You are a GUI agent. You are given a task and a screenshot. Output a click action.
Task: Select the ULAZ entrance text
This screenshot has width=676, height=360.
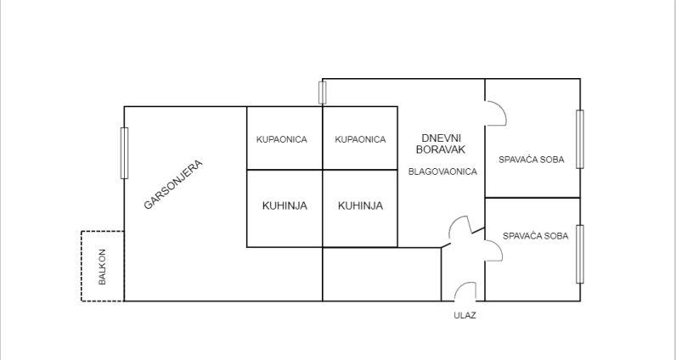pyautogui.click(x=465, y=316)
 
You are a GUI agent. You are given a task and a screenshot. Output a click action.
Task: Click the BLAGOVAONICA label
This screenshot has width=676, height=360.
pyautogui.click(x=442, y=171)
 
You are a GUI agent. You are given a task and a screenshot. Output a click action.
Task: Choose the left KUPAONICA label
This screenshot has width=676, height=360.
pyautogui.click(x=282, y=139)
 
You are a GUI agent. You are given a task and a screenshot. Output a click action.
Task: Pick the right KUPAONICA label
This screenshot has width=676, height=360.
pyautogui.click(x=360, y=139)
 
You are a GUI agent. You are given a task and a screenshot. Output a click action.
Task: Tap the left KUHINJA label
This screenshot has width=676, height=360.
pyautogui.click(x=284, y=205)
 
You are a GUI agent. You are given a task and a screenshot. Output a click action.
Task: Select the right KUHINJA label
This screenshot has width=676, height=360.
pyautogui.click(x=360, y=205)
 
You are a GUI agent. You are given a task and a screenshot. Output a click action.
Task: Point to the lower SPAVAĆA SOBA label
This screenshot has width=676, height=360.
pyautogui.click(x=535, y=236)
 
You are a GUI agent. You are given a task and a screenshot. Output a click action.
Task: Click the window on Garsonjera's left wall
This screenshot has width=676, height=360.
pyautogui.click(x=125, y=153)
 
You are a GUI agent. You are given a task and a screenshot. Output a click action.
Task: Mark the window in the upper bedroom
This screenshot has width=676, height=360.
pyautogui.click(x=581, y=138)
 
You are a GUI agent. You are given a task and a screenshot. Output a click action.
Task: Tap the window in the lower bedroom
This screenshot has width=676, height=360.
pyautogui.click(x=581, y=253)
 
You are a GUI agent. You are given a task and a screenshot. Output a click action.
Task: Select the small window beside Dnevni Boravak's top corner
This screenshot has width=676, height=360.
pyautogui.click(x=323, y=92)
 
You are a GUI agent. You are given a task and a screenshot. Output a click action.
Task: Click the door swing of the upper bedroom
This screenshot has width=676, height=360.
pyautogui.click(x=496, y=114)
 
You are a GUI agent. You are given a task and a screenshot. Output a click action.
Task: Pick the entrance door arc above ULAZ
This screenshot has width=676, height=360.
pyautogui.click(x=465, y=291)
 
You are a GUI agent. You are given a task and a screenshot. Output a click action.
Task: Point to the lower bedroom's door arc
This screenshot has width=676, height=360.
pyautogui.click(x=493, y=247)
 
